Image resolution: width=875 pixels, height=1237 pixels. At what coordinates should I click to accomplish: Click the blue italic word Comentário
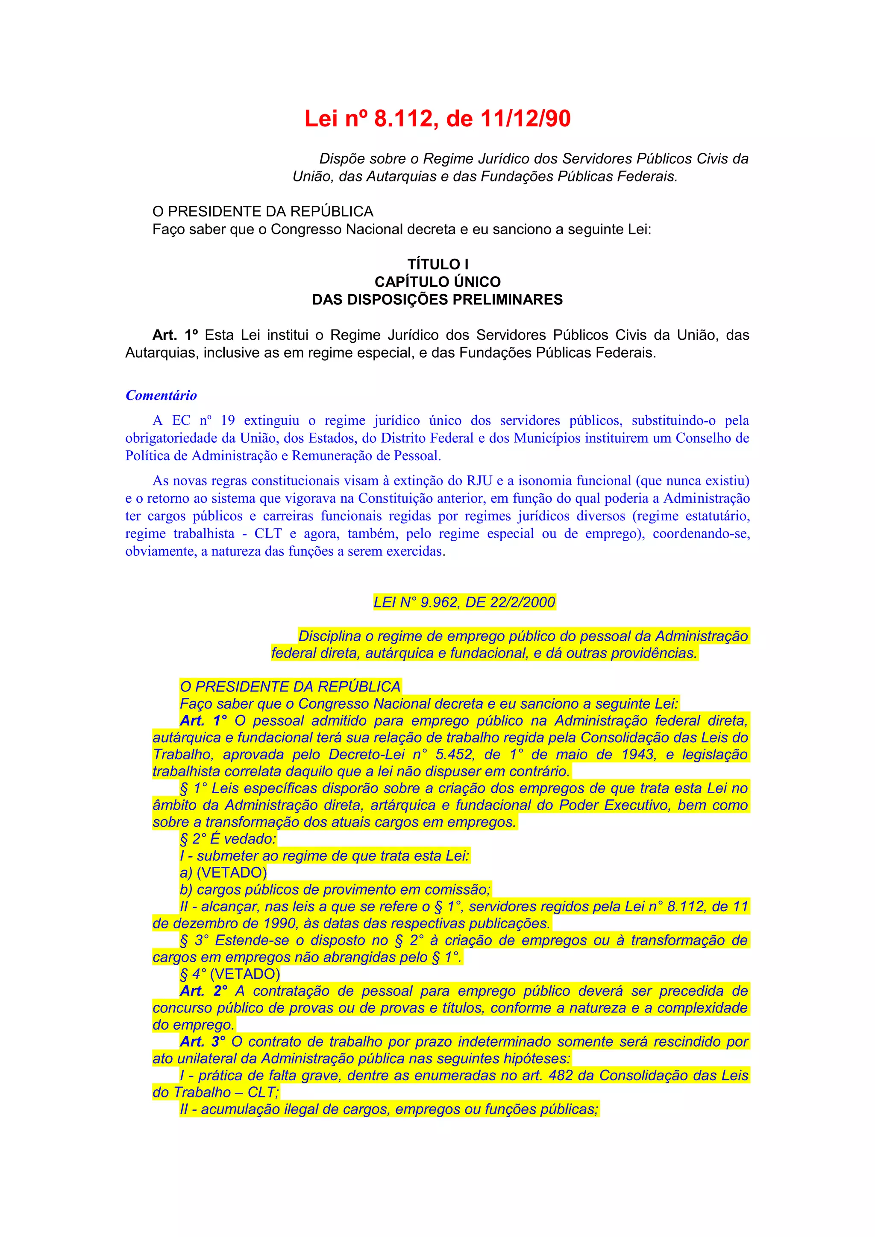pyautogui.click(x=161, y=395)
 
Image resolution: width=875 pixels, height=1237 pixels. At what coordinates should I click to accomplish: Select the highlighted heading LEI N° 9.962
pyautogui.click(x=464, y=602)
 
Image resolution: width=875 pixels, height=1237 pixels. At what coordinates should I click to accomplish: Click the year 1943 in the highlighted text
pyautogui.click(x=638, y=754)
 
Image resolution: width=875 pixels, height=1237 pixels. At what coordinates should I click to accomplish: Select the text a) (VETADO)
pyautogui.click(x=223, y=872)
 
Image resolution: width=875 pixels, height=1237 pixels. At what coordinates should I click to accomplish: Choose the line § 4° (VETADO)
pyautogui.click(x=230, y=974)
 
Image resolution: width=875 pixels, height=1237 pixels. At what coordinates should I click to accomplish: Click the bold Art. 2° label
pyautogui.click(x=203, y=991)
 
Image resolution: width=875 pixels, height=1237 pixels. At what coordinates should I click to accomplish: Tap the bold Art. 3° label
pyautogui.click(x=202, y=1042)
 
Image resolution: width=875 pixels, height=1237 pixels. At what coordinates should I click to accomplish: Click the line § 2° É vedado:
pyautogui.click(x=228, y=839)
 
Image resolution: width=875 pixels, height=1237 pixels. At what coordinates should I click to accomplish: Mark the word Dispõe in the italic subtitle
pyautogui.click(x=341, y=159)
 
